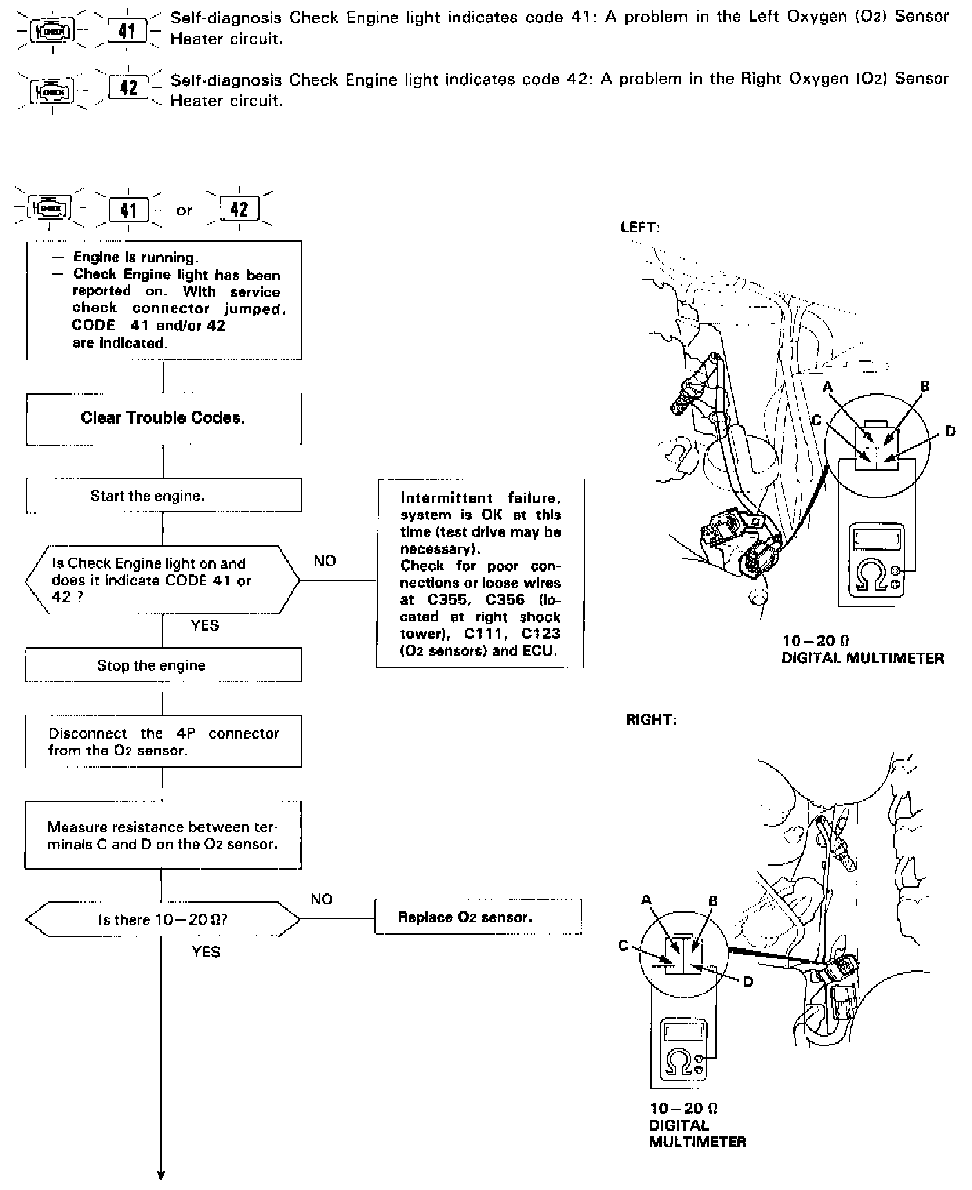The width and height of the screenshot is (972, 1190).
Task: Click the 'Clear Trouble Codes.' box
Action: (163, 418)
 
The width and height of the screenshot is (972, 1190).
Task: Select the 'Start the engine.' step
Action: (163, 496)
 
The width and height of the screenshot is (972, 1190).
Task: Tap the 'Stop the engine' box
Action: (163, 665)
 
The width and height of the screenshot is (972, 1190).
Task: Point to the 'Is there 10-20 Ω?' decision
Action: (163, 919)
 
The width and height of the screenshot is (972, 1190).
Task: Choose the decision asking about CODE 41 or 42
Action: (163, 580)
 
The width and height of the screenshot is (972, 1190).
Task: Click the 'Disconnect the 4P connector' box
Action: (163, 741)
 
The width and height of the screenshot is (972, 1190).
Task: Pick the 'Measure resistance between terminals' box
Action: (163, 835)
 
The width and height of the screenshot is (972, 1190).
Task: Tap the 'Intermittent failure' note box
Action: (480, 574)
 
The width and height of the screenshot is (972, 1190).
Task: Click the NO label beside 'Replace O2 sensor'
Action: (322, 899)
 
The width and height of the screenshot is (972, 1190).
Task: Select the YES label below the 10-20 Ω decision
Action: (206, 952)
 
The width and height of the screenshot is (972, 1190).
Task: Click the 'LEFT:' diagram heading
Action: (640, 226)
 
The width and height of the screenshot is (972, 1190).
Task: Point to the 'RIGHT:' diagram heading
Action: (650, 719)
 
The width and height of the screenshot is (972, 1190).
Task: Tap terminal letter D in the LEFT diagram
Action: (950, 432)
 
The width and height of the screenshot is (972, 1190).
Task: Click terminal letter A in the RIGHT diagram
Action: (646, 899)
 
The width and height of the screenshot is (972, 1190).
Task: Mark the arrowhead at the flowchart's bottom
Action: (162, 1175)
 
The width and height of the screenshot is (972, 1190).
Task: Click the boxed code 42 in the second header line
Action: (128, 88)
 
